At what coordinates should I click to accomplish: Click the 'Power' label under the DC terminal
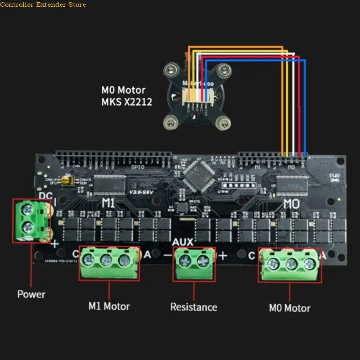click(x=31, y=294)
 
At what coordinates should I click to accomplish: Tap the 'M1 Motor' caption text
click(x=109, y=306)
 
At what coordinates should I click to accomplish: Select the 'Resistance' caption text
click(x=193, y=307)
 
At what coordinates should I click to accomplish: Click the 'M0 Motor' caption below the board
click(x=289, y=308)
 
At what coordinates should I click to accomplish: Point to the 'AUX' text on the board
click(x=183, y=242)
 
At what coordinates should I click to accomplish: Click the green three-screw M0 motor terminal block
click(x=290, y=265)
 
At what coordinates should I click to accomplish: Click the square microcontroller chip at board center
click(x=198, y=175)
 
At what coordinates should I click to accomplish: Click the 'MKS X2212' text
click(x=127, y=102)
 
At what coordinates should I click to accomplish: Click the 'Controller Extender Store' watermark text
click(x=43, y=4)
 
